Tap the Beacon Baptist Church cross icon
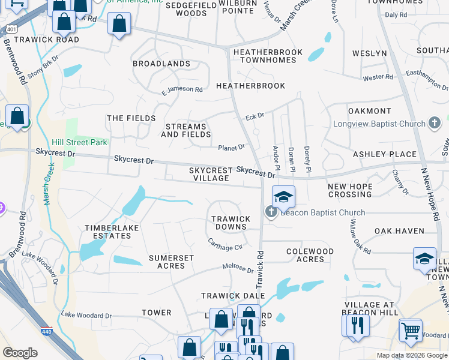pyautogui.click(x=271, y=212)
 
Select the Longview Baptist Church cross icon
pyautogui.click(x=435, y=124)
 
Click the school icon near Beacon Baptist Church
pyautogui.click(x=283, y=196)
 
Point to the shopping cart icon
pyautogui.click(x=411, y=329)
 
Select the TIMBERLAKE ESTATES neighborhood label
pyautogui.click(x=107, y=232)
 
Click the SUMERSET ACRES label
pyautogui.click(x=171, y=262)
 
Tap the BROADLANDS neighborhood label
pyautogui.click(x=161, y=64)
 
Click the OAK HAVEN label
pyautogui.click(x=399, y=231)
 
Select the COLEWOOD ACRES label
pyautogui.click(x=310, y=255)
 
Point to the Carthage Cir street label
pyautogui.click(x=225, y=245)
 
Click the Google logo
pyautogui.click(x=20, y=352)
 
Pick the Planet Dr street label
pyautogui.click(x=231, y=147)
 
